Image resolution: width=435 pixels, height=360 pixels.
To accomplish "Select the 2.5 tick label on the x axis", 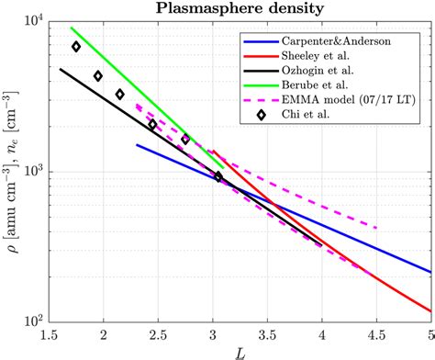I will click(159, 334).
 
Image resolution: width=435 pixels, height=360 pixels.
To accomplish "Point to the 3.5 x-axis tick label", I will click(268, 334).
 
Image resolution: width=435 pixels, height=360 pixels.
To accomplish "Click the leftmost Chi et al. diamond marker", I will click(76, 47).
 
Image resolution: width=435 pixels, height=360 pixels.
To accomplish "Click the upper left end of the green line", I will click(72, 28).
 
